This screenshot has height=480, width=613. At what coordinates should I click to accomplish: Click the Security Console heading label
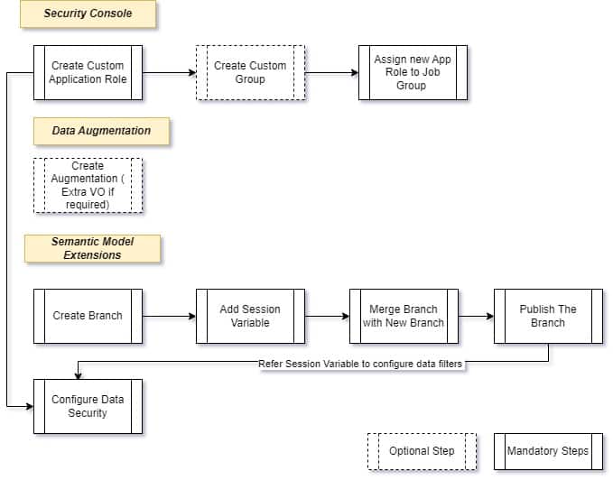[x=88, y=14]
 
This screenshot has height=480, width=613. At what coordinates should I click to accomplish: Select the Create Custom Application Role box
[x=88, y=72]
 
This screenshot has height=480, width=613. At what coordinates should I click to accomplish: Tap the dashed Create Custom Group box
[x=250, y=72]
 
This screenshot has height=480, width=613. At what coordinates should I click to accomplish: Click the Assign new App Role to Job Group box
[x=412, y=72]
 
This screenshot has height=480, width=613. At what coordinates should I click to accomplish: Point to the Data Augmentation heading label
[x=101, y=131]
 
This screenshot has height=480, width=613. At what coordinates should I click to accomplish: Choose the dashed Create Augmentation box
[x=88, y=186]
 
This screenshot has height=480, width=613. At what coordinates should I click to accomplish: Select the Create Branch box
[x=88, y=316]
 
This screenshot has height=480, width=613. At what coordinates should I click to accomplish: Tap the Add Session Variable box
[x=250, y=316]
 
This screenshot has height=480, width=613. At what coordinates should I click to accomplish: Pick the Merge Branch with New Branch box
[x=404, y=316]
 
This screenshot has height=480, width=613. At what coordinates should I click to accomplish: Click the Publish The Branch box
[x=548, y=316]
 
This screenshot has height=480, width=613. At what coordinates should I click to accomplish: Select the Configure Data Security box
[x=88, y=406]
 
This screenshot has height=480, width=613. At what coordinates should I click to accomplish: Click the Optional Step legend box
[x=422, y=451]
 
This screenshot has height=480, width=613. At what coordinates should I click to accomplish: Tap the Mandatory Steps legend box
[x=548, y=451]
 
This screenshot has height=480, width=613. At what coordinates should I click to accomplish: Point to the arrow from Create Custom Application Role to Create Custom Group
[x=169, y=72]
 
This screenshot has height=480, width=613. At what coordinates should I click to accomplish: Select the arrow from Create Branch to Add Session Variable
[x=169, y=316]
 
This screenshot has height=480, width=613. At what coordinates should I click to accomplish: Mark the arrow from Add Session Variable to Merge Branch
[x=327, y=316]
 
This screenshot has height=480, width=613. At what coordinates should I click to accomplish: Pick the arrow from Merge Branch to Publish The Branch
[x=476, y=316]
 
